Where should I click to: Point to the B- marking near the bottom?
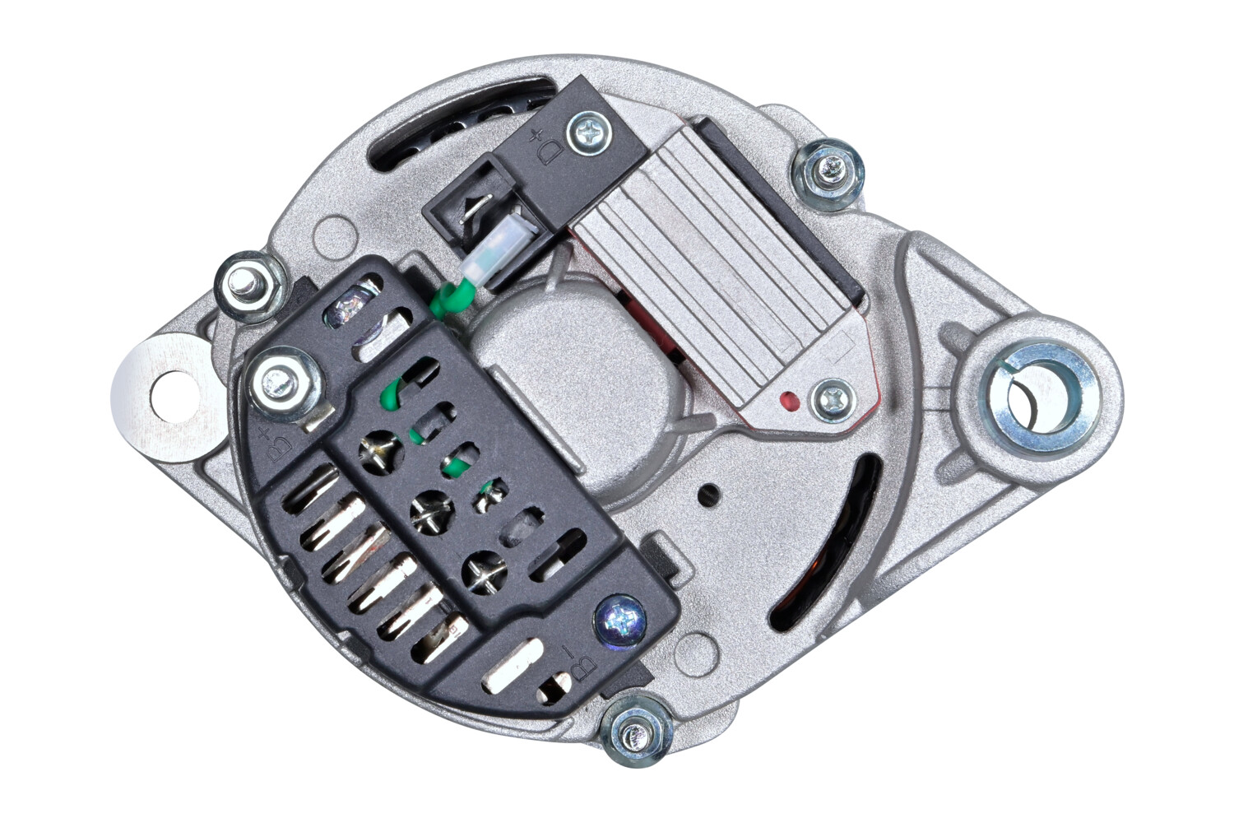coord(580,663)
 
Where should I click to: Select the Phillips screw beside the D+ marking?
coord(589,133)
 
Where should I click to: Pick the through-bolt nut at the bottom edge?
coord(637,732)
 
